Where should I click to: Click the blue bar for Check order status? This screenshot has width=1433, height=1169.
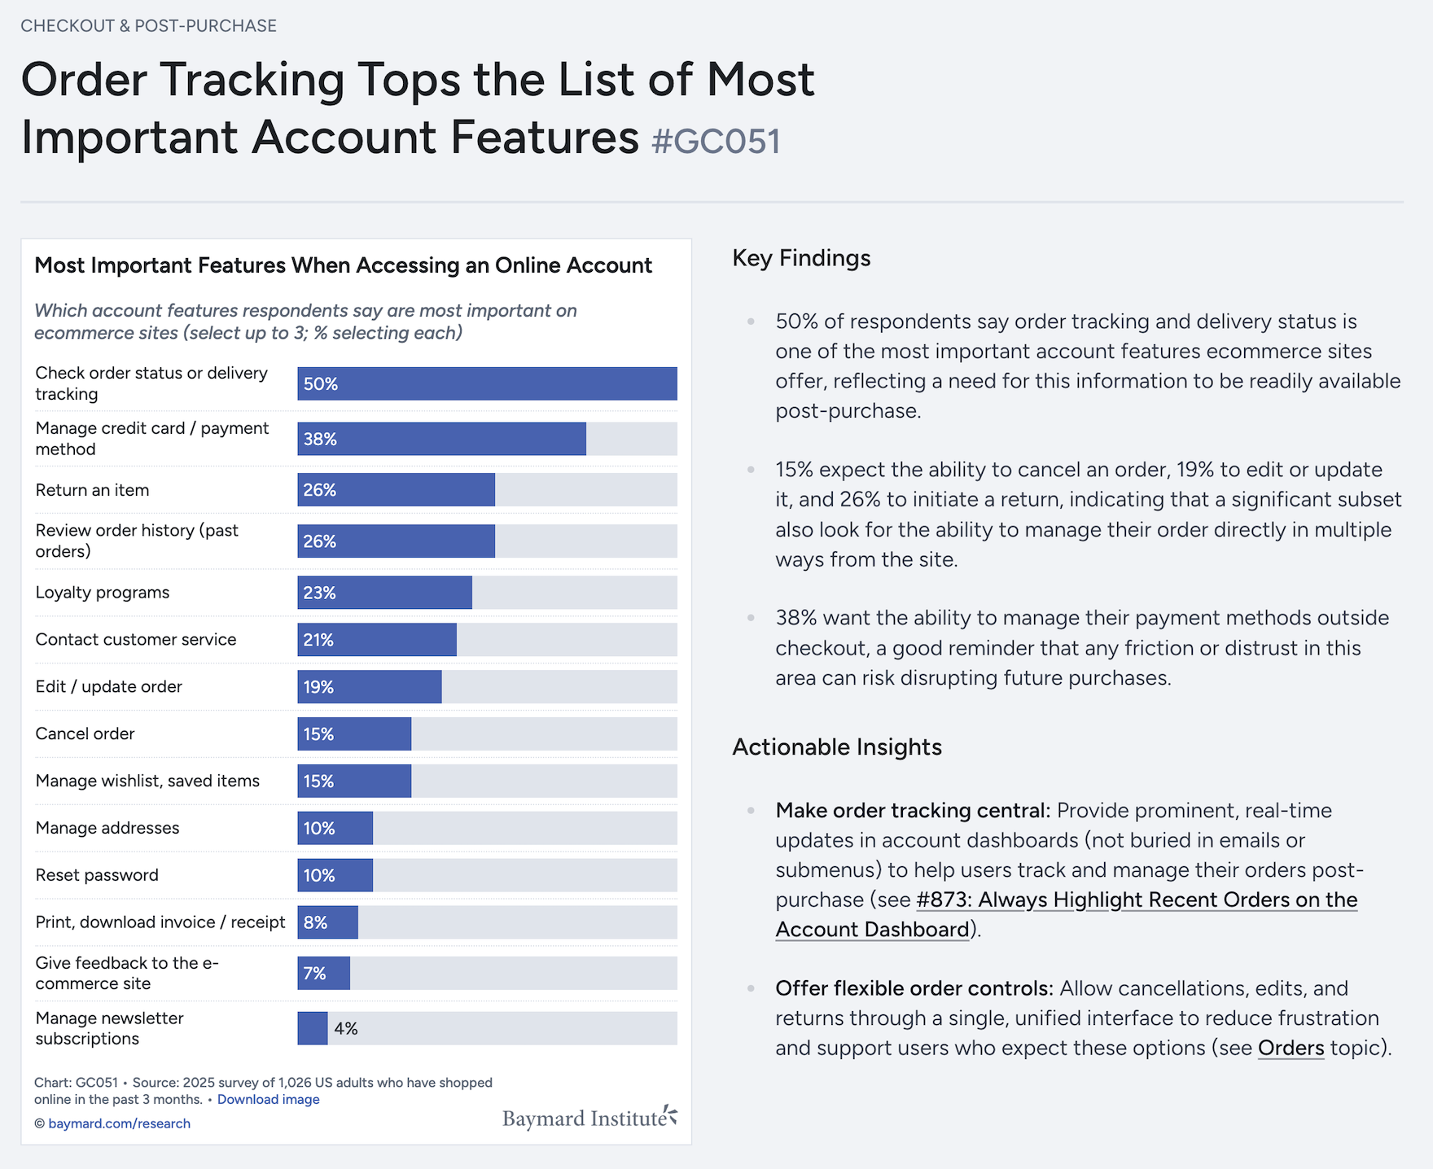[x=487, y=383]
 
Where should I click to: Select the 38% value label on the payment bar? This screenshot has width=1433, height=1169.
[x=320, y=440]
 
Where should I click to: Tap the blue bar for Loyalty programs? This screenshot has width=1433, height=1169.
[x=384, y=593]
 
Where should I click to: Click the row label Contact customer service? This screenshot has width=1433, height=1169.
[x=136, y=640]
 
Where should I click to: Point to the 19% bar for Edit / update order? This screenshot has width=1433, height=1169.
[x=370, y=687]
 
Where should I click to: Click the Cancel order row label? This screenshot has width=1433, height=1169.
[x=85, y=733]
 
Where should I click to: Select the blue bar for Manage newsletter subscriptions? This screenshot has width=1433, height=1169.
[x=313, y=1028]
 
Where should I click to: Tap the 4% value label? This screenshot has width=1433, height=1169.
[x=346, y=1029]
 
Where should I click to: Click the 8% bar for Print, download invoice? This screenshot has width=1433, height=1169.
[x=327, y=922]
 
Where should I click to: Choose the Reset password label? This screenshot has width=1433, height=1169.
[x=97, y=875]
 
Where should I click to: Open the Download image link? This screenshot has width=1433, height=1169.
[x=268, y=1100]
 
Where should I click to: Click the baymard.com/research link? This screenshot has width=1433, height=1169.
[x=119, y=1123]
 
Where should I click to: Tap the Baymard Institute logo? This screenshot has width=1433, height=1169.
[x=589, y=1118]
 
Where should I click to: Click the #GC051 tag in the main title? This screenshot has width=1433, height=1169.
[x=716, y=142]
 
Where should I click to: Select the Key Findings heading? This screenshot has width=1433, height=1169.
[x=801, y=258]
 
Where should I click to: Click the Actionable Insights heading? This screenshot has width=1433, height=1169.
[x=837, y=747]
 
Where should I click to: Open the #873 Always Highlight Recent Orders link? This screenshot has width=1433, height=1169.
[x=1136, y=900]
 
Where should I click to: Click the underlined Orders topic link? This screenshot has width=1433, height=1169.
[x=1291, y=1049]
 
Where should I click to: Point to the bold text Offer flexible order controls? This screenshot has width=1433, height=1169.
[x=914, y=988]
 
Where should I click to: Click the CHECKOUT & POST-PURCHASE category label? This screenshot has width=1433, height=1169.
[x=149, y=26]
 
